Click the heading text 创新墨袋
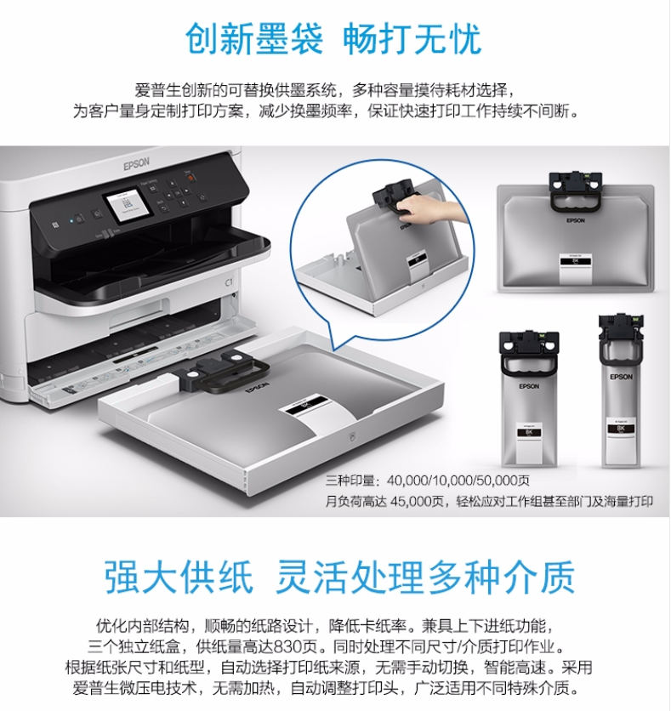click(x=254, y=40)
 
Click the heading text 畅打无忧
click(x=412, y=40)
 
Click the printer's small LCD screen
click(x=124, y=207)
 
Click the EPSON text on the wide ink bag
click(x=575, y=219)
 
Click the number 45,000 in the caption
click(x=407, y=502)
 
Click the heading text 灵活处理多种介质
click(x=424, y=576)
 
